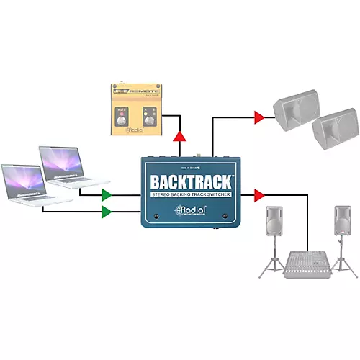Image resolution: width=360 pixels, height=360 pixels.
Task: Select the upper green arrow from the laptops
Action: click(x=107, y=194)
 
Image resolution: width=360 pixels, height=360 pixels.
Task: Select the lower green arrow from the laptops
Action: click(x=107, y=211)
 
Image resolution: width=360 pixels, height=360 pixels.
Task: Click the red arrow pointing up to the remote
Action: click(x=179, y=138)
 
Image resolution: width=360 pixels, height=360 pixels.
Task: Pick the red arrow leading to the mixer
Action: click(x=259, y=194)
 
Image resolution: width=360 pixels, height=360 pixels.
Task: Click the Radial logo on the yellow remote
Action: click(x=137, y=132)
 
